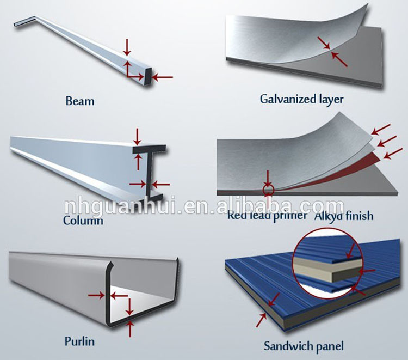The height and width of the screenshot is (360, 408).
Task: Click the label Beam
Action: point(79,101)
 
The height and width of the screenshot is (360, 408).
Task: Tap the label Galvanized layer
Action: point(302,99)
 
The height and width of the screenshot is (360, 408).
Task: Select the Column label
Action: point(83,221)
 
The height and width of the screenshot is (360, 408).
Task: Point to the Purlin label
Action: point(79,342)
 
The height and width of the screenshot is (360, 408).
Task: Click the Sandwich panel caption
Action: point(304,345)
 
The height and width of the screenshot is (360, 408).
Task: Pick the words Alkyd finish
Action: point(344,216)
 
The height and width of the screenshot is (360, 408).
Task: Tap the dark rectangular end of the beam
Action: point(148,76)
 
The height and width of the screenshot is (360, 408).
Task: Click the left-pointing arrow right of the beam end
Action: point(162,77)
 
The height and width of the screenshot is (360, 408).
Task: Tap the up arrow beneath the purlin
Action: point(129,329)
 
